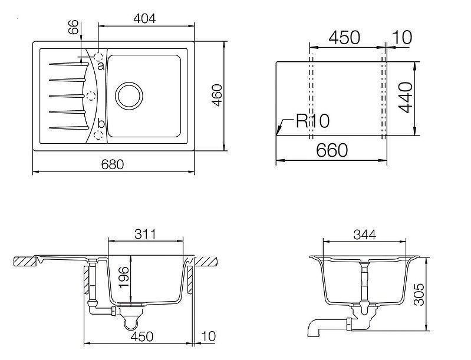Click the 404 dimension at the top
tap(144, 19)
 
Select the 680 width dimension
tap(112, 165)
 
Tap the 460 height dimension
tap(217, 95)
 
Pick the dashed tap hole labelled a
tap(99, 58)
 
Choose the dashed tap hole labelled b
tap(99, 134)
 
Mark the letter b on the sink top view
tap(101, 124)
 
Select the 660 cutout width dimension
tap(332, 150)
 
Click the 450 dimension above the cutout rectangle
tap(344, 37)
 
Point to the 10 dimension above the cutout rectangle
tap(401, 37)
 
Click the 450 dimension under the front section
tap(141, 336)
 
